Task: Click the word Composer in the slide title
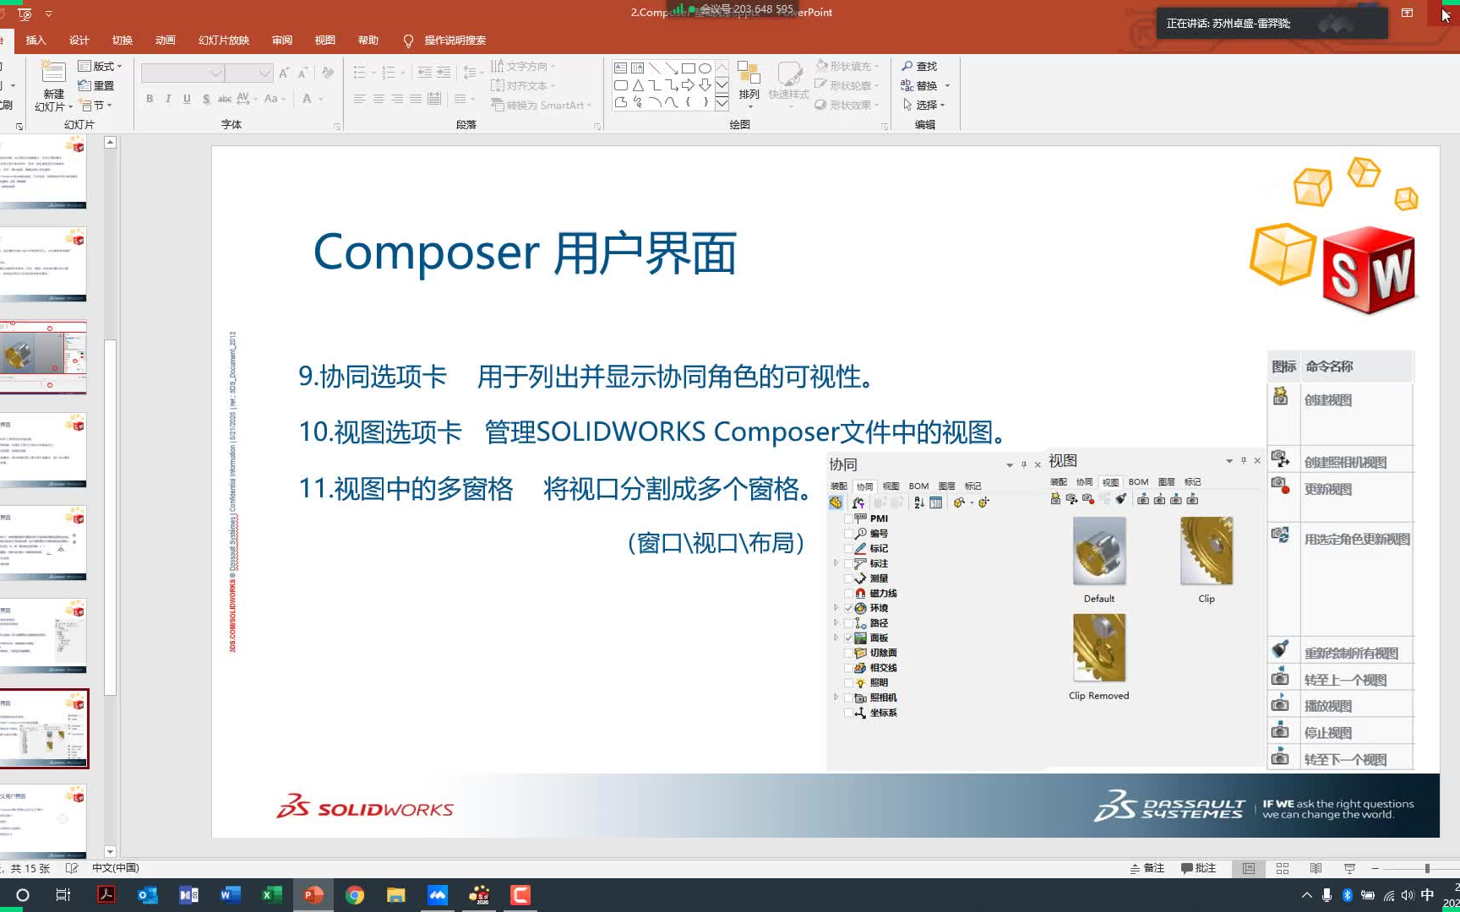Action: [x=426, y=252]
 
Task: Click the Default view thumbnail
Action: [x=1098, y=551]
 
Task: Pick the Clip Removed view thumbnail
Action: [x=1098, y=648]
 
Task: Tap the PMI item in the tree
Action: [x=879, y=518]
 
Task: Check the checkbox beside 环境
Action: [x=849, y=608]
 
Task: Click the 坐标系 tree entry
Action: [x=883, y=713]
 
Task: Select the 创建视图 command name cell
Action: [x=1328, y=400]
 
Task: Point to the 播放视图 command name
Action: [x=1328, y=706]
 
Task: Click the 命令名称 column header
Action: [x=1329, y=366]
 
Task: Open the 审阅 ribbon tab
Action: [x=282, y=41]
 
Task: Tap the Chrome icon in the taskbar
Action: [x=355, y=895]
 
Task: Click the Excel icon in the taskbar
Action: [x=272, y=895]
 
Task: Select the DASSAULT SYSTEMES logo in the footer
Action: [x=1170, y=806]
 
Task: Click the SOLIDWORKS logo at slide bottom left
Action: [x=365, y=807]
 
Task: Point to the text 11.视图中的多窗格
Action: [x=406, y=489]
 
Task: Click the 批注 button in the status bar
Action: [x=1198, y=868]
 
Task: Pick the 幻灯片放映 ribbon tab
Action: [x=224, y=41]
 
